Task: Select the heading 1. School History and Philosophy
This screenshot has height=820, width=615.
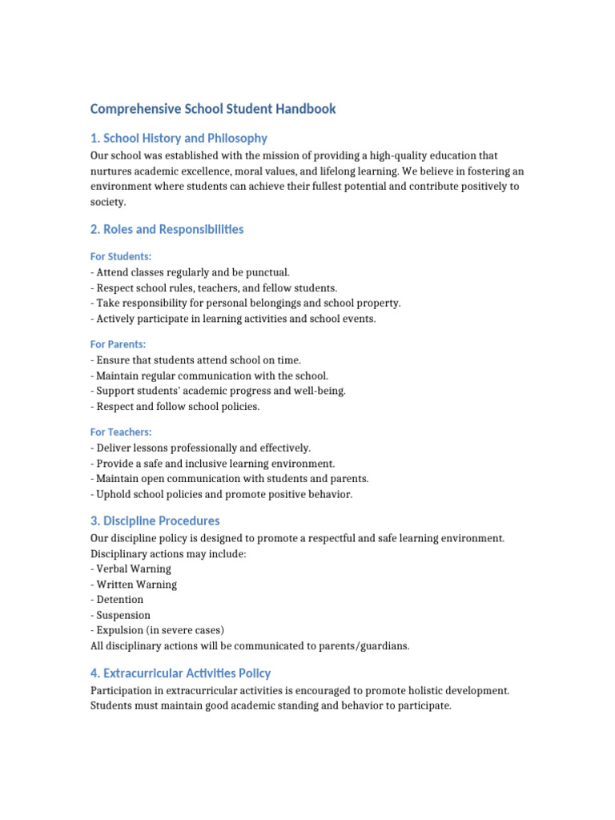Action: (179, 139)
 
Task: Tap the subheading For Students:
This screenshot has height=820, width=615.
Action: (121, 257)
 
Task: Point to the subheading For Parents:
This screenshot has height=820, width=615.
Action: (119, 344)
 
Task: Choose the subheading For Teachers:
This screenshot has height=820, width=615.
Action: (121, 432)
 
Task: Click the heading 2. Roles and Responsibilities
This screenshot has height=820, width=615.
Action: (167, 230)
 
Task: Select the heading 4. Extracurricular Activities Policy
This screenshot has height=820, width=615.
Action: (180, 673)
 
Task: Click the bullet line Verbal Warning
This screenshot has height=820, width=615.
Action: (133, 569)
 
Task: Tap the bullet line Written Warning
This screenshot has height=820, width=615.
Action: (136, 585)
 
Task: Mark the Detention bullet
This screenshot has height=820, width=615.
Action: (119, 600)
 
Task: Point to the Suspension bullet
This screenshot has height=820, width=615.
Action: (123, 616)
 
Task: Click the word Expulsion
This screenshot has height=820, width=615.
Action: (120, 631)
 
